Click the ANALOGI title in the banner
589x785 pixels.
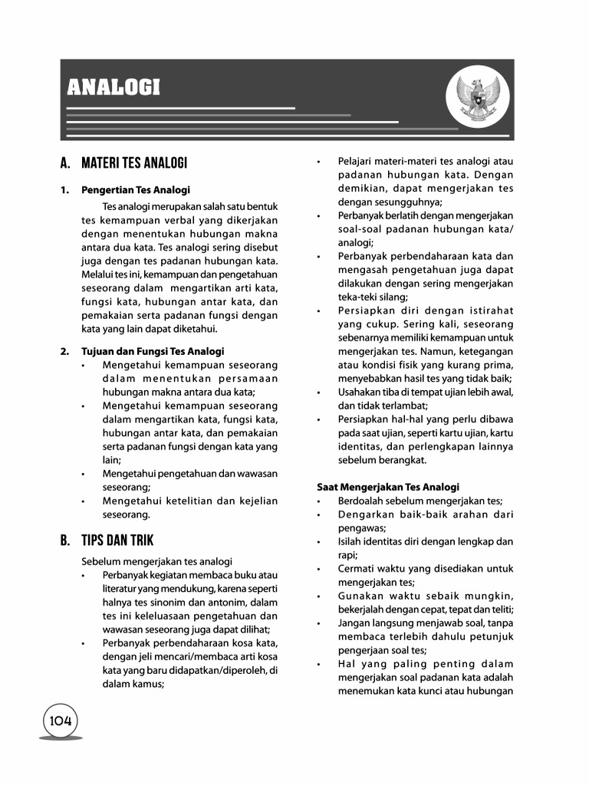[x=114, y=87]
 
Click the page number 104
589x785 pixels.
[x=61, y=721]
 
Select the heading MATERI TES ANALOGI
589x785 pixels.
[x=134, y=163]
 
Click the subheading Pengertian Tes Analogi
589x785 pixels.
[x=136, y=190]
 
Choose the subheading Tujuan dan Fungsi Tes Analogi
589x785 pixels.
[x=153, y=351]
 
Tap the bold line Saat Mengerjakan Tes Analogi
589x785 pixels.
[x=388, y=487]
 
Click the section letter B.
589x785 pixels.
[x=65, y=540]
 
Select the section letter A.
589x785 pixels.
[x=65, y=163]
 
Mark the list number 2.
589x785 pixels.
[x=64, y=351]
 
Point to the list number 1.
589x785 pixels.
[x=64, y=190]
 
